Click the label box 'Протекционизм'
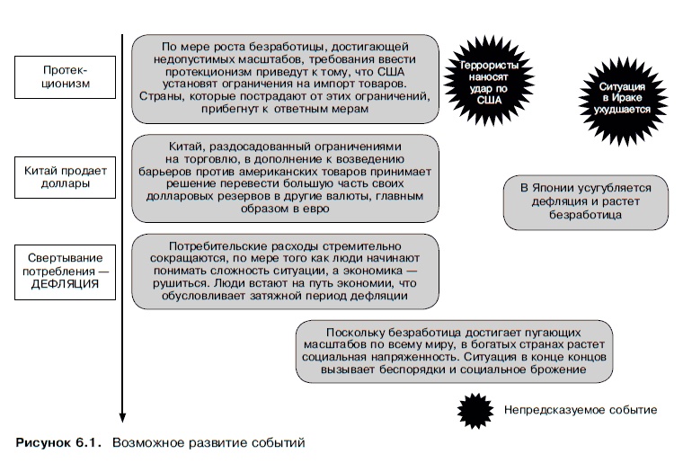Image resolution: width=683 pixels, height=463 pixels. pyautogui.click(x=66, y=78)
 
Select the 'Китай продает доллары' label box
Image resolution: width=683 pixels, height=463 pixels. pyautogui.click(x=66, y=175)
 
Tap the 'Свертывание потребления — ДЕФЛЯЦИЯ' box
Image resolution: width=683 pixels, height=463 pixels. pyautogui.click(x=66, y=269)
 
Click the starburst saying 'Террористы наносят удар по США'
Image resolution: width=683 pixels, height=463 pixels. pyautogui.click(x=488, y=78)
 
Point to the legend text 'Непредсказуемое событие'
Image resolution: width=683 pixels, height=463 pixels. pyautogui.click(x=580, y=410)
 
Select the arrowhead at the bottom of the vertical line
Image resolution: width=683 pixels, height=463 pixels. pyautogui.click(x=122, y=415)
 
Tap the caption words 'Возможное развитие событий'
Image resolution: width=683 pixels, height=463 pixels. pyautogui.click(x=208, y=442)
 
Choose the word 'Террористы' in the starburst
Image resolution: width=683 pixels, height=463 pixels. pyautogui.click(x=488, y=67)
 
